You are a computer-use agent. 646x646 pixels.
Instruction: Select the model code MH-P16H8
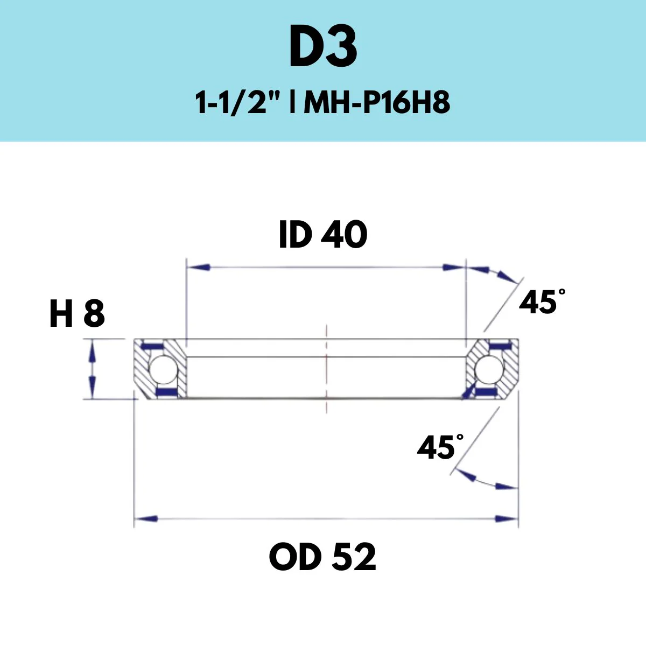(376, 103)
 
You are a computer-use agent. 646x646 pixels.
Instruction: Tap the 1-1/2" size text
(240, 103)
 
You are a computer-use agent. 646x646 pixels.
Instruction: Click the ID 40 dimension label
(323, 235)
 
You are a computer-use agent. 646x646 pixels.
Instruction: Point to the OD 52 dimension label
(322, 557)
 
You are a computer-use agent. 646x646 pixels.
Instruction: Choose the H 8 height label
(77, 314)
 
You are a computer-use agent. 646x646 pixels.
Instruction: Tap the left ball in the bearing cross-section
(163, 370)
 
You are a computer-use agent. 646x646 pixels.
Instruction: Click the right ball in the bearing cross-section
(489, 370)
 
